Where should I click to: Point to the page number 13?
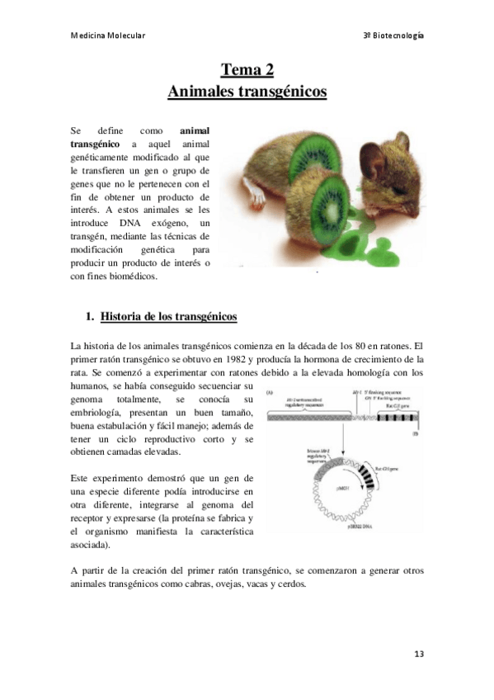pyautogui.click(x=419, y=654)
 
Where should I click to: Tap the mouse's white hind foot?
pyautogui.click(x=257, y=196)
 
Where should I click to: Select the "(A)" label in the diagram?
pyautogui.click(x=269, y=393)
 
